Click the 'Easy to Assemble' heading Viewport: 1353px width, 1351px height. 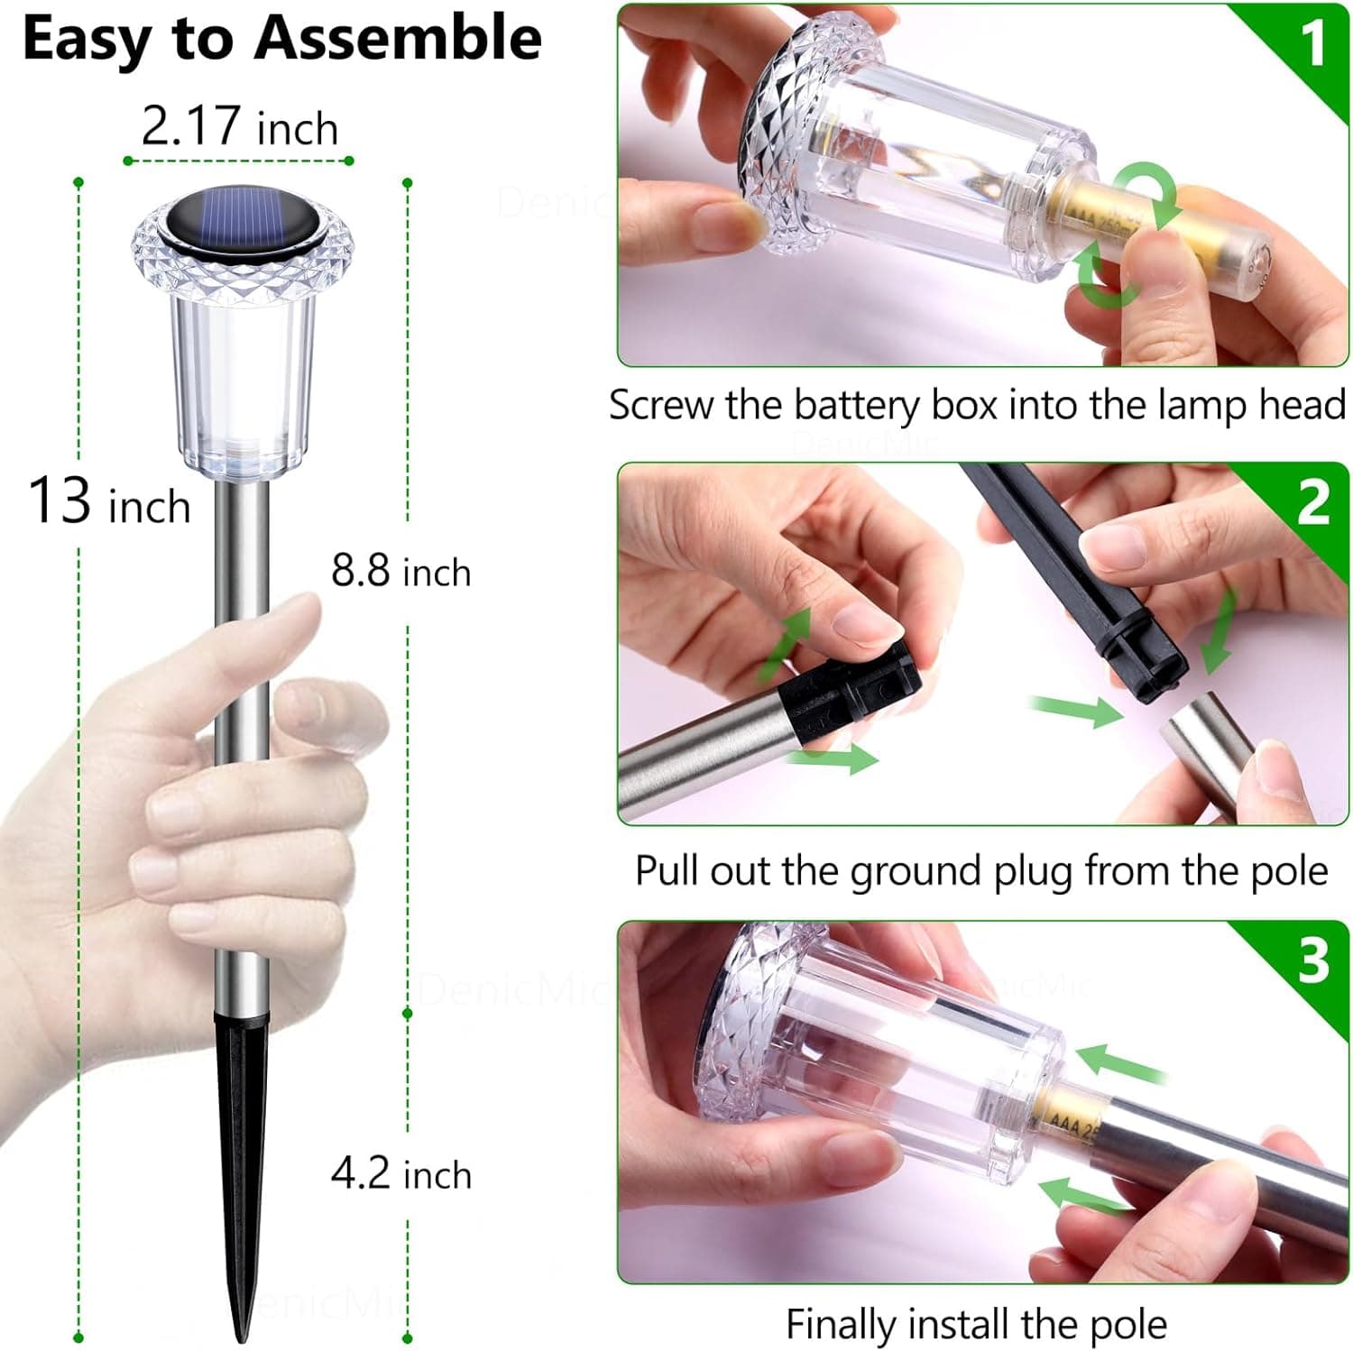tap(281, 40)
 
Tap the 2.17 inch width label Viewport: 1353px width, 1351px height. tap(239, 126)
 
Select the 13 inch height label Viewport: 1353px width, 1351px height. tap(109, 501)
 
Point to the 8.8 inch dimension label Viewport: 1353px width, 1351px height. tap(401, 571)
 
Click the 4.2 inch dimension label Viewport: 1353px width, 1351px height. tap(401, 1174)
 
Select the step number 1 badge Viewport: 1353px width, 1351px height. tap(1312, 42)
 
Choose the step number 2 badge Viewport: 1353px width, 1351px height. tap(1313, 502)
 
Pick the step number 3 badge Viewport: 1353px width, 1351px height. tap(1313, 960)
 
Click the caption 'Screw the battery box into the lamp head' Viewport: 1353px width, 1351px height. tap(977, 405)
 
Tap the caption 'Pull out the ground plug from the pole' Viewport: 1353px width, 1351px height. tap(981, 871)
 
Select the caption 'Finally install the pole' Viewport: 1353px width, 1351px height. tap(976, 1324)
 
